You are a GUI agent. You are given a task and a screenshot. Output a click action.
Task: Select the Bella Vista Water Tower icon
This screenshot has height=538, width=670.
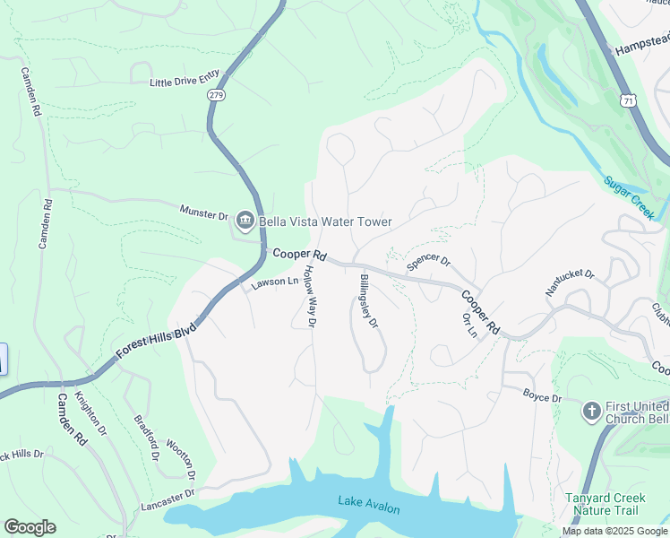(245, 221)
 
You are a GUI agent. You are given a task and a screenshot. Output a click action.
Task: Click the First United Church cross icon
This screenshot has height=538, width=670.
(590, 412)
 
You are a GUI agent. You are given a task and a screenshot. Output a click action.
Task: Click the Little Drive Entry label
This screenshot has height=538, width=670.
(183, 82)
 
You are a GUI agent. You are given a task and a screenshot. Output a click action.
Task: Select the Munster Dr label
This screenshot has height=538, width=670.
(203, 213)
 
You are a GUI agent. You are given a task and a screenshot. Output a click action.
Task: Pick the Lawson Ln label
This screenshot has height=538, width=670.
(274, 282)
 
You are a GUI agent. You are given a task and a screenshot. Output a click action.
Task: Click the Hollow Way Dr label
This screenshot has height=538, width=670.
(308, 296)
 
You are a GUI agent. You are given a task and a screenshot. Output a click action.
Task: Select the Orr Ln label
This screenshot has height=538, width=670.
(468, 325)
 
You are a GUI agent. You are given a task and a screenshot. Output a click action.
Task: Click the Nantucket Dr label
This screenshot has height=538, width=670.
(570, 282)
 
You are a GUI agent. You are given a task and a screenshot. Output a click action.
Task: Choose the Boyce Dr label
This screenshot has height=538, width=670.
(542, 395)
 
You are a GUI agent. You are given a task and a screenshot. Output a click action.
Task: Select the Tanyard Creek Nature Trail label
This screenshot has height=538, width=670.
(601, 504)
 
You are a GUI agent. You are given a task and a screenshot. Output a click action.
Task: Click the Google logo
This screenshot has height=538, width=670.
(30, 527)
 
